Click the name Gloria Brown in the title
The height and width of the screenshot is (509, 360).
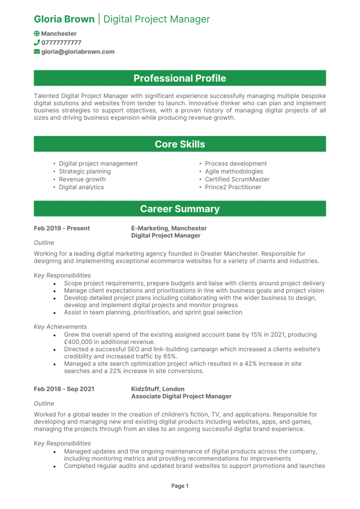click(64, 19)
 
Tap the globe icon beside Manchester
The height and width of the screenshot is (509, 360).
click(37, 34)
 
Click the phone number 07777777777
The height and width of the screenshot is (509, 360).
click(61, 43)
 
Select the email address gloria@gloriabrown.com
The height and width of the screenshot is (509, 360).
click(78, 52)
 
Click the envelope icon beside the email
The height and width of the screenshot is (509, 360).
click(37, 52)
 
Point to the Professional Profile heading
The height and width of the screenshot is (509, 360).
click(180, 78)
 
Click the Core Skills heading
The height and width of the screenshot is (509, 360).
click(180, 144)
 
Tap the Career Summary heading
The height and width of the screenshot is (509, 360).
click(180, 209)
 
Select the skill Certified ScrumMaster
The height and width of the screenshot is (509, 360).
click(237, 179)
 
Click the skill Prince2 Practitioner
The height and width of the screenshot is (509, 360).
click(233, 187)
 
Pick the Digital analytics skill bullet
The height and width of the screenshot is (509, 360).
click(81, 187)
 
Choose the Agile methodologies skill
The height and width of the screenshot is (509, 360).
click(234, 171)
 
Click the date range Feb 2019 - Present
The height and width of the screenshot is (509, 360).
click(62, 228)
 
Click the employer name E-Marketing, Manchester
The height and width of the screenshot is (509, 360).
click(169, 228)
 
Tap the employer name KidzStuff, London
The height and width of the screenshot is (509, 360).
click(157, 389)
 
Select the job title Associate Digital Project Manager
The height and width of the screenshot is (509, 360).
click(181, 396)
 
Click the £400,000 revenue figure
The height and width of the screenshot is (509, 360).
click(80, 342)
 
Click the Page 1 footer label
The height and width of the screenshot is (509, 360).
click(180, 486)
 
